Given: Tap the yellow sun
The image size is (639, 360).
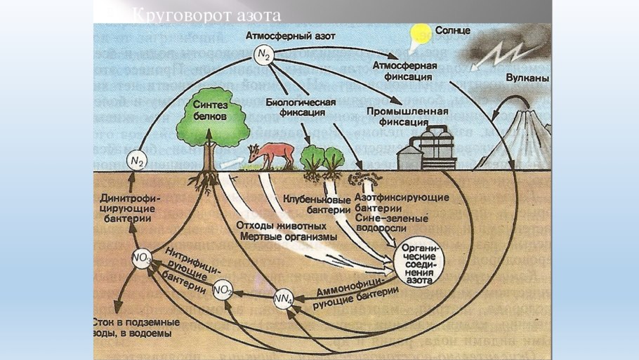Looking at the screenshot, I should pos(420,33).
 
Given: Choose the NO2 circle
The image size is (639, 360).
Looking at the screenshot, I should pos(222,288).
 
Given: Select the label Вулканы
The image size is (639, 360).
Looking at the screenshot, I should pos(526,79).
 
